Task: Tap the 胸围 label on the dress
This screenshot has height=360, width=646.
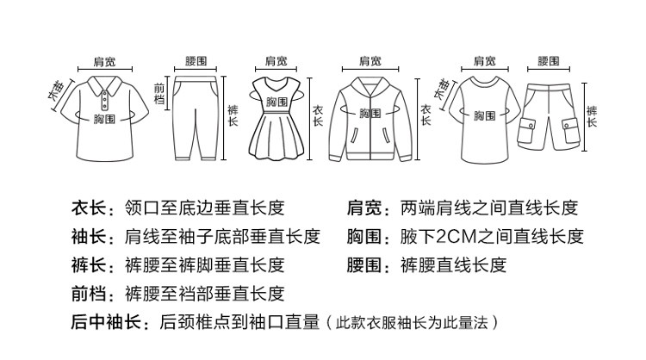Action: (x=276, y=102)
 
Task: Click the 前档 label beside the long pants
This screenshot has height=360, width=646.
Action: (x=158, y=94)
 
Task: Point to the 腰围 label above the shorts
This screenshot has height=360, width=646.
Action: (x=548, y=61)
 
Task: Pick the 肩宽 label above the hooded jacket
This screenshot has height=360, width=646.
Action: (x=370, y=61)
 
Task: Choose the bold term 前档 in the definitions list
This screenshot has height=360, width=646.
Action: (x=87, y=293)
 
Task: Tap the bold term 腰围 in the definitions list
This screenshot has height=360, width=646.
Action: (x=363, y=264)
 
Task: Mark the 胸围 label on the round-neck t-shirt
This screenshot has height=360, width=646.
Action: (x=484, y=115)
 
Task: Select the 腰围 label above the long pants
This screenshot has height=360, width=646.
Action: (x=196, y=61)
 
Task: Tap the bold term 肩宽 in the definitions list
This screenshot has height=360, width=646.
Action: (x=363, y=208)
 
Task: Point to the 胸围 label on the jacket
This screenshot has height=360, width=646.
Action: (x=370, y=113)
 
